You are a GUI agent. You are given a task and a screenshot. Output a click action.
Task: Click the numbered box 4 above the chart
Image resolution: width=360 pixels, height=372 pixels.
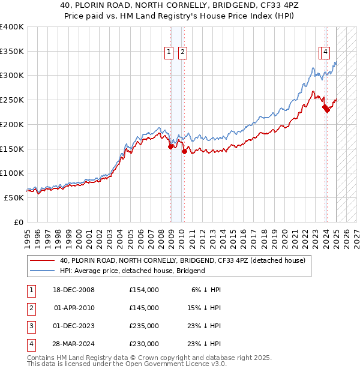(325, 52)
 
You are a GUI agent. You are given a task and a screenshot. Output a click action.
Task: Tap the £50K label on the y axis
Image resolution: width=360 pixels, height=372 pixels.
(14, 197)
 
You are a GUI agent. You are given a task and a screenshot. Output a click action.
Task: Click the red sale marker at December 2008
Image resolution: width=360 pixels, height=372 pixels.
(171, 146)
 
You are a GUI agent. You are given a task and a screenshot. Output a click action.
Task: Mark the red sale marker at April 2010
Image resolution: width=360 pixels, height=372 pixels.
(184, 152)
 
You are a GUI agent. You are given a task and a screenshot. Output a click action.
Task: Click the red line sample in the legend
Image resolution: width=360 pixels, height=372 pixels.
(42, 261)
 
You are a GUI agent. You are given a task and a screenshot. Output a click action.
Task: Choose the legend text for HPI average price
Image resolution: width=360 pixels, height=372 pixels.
(133, 271)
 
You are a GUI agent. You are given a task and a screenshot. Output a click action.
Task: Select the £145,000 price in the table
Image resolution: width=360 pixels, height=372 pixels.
(144, 308)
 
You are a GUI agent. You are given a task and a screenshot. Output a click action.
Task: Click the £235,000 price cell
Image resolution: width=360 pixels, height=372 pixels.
(144, 326)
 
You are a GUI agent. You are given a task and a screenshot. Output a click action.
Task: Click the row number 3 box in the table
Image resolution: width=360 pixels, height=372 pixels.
(31, 326)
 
